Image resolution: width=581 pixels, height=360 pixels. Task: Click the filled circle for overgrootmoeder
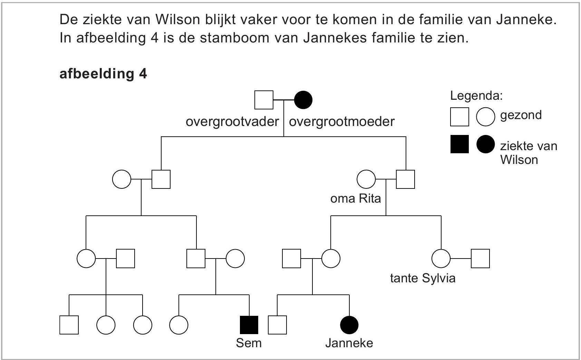[x=303, y=100]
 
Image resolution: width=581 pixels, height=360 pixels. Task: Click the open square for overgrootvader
[x=264, y=100]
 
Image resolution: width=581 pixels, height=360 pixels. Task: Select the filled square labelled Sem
[x=249, y=325]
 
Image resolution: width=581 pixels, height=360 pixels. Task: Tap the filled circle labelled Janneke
[x=349, y=325]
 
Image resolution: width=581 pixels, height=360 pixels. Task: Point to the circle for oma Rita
[x=366, y=179]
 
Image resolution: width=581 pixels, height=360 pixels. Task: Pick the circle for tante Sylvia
[x=441, y=259]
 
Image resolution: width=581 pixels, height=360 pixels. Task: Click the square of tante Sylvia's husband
[x=480, y=259]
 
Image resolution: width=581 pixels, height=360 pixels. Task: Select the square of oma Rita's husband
[x=405, y=179]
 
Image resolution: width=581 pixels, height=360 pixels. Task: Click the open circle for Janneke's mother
[x=331, y=259]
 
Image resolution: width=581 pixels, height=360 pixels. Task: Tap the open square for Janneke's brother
[x=277, y=325]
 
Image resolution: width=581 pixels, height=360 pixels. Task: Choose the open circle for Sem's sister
[x=179, y=325]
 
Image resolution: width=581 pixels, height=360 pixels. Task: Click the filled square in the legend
[x=459, y=144]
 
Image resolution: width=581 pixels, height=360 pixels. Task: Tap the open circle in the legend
[x=485, y=117]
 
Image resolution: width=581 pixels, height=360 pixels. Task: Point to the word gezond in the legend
[x=521, y=115]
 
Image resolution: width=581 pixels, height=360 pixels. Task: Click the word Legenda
[x=476, y=96]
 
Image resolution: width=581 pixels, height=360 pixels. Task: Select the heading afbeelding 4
[x=103, y=74]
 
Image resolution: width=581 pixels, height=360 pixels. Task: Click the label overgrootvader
[x=232, y=121]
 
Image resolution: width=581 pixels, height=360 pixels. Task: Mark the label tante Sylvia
[x=423, y=278]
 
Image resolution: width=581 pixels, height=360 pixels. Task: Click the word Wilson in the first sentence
[x=177, y=20]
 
